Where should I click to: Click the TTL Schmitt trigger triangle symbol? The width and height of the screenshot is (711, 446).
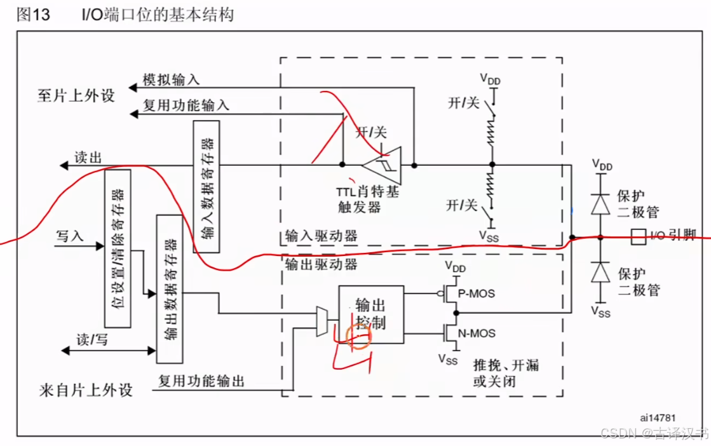(x=383, y=165)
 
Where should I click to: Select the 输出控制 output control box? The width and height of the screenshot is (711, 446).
(x=370, y=314)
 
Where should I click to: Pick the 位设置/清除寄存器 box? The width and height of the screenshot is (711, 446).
(x=118, y=248)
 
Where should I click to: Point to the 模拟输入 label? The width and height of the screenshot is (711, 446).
(x=171, y=79)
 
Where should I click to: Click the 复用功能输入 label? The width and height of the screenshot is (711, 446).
(x=186, y=105)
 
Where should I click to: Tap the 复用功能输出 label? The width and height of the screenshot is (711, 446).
(x=201, y=381)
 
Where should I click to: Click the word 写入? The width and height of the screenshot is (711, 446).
(x=70, y=236)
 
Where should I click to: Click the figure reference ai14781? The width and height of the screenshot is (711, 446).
(x=657, y=417)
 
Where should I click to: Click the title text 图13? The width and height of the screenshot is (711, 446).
(x=32, y=15)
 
